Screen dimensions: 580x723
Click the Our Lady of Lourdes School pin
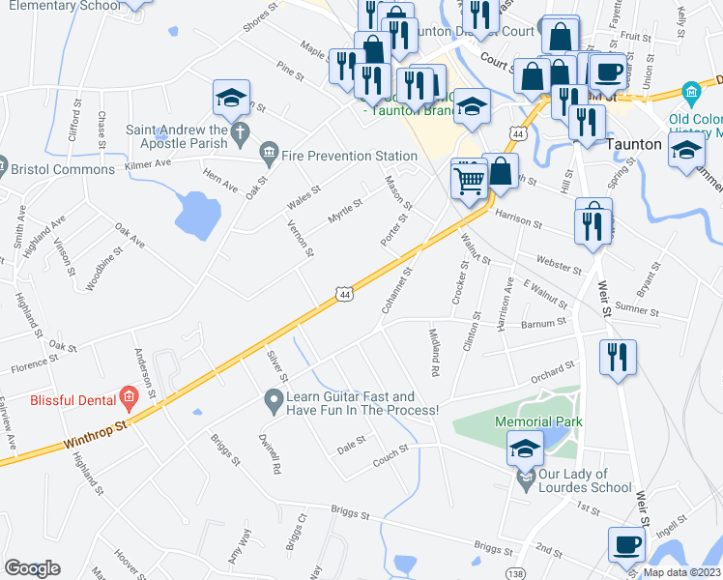[x=525, y=478]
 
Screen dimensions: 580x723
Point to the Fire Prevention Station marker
[x=269, y=154]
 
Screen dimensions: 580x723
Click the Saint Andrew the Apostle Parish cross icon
[x=239, y=130]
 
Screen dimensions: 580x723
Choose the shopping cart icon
[x=469, y=177]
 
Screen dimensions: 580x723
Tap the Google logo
[x=32, y=567]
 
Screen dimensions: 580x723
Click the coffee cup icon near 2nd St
[x=627, y=544]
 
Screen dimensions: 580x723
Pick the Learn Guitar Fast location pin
[x=274, y=398]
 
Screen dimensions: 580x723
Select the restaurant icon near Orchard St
[x=618, y=356]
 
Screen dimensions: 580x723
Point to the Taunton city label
[x=633, y=144]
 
